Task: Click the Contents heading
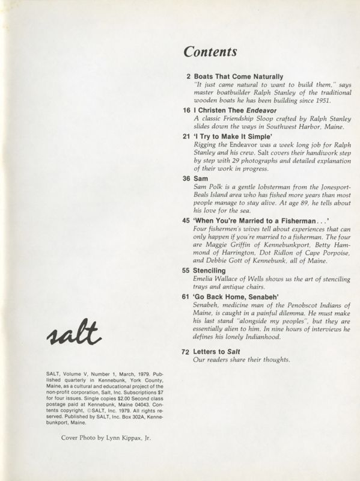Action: pos(210,52)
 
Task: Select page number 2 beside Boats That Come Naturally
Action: pos(189,77)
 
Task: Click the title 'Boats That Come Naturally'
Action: pos(238,77)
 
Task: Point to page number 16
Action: pos(186,111)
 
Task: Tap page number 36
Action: pos(186,179)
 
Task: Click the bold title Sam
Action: pos(201,179)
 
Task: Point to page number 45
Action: pos(186,221)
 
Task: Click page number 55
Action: pos(186,271)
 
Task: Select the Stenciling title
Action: pos(214,271)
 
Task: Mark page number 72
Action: pos(186,351)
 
